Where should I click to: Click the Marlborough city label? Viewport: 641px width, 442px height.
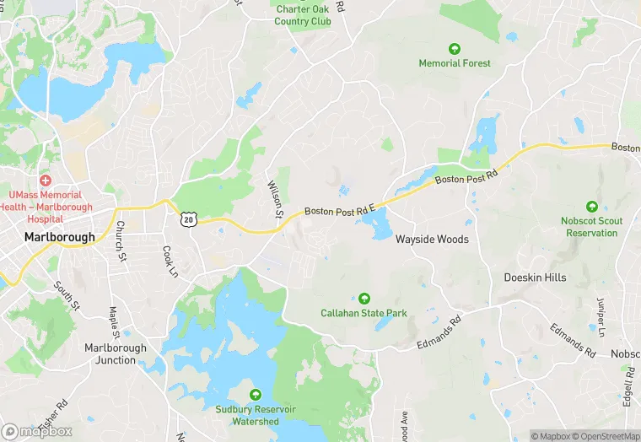[60, 237]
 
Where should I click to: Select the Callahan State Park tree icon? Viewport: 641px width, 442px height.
[364, 298]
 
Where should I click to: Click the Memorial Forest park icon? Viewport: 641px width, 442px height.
[455, 49]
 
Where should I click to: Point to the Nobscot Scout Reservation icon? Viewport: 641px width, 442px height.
[592, 207]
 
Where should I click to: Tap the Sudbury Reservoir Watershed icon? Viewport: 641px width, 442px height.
[255, 394]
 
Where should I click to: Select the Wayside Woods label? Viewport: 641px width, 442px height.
[432, 240]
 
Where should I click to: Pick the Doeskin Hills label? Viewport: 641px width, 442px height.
[535, 278]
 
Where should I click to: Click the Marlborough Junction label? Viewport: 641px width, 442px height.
[116, 353]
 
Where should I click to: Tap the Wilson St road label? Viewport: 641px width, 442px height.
[274, 199]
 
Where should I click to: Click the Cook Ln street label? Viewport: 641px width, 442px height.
[170, 262]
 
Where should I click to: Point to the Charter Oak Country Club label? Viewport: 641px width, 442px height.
[304, 15]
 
